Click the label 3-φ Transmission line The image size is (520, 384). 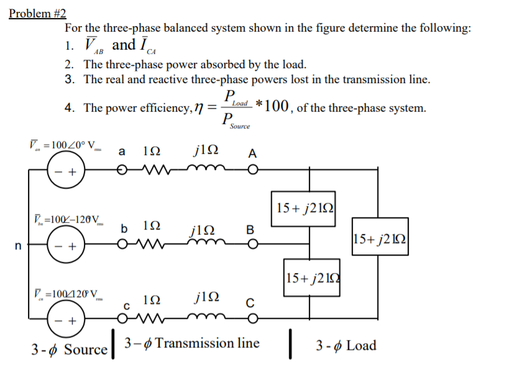[x=192, y=343]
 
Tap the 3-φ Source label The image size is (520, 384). [x=70, y=349]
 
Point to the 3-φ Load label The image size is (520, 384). [x=346, y=346]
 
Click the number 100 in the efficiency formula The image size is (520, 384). [x=276, y=106]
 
